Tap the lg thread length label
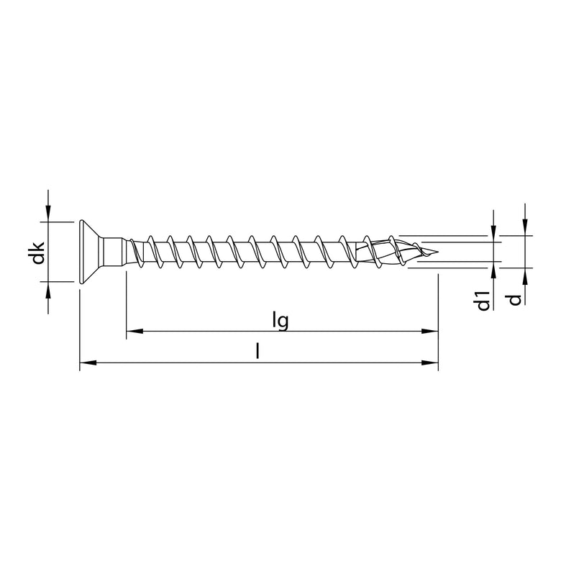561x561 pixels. click(x=281, y=320)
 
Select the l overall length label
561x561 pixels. click(x=257, y=352)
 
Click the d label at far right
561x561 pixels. click(x=514, y=298)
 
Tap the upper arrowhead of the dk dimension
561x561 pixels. click(x=48, y=212)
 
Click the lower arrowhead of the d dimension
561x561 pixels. click(x=526, y=276)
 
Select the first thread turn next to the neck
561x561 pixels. click(x=137, y=252)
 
